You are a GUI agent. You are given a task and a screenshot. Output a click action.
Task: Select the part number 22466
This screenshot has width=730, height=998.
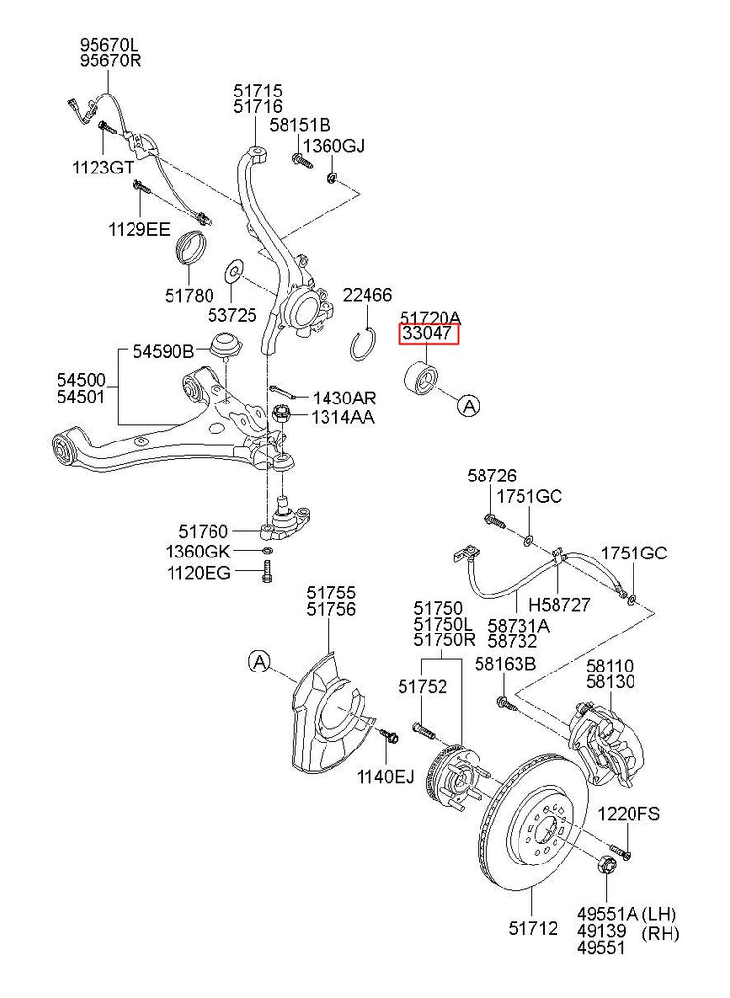(366, 295)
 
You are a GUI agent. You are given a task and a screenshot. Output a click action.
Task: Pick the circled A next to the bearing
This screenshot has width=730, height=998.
(470, 406)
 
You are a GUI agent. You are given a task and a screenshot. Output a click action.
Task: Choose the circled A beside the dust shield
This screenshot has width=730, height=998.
(259, 663)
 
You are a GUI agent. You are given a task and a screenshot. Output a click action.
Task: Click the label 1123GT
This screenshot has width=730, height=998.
(102, 167)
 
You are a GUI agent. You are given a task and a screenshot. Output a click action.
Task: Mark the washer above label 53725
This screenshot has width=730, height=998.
(234, 269)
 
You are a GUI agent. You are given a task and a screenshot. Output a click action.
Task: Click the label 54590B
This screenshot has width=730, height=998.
(162, 348)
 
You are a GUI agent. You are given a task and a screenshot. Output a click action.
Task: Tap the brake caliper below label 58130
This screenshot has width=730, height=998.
(604, 746)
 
